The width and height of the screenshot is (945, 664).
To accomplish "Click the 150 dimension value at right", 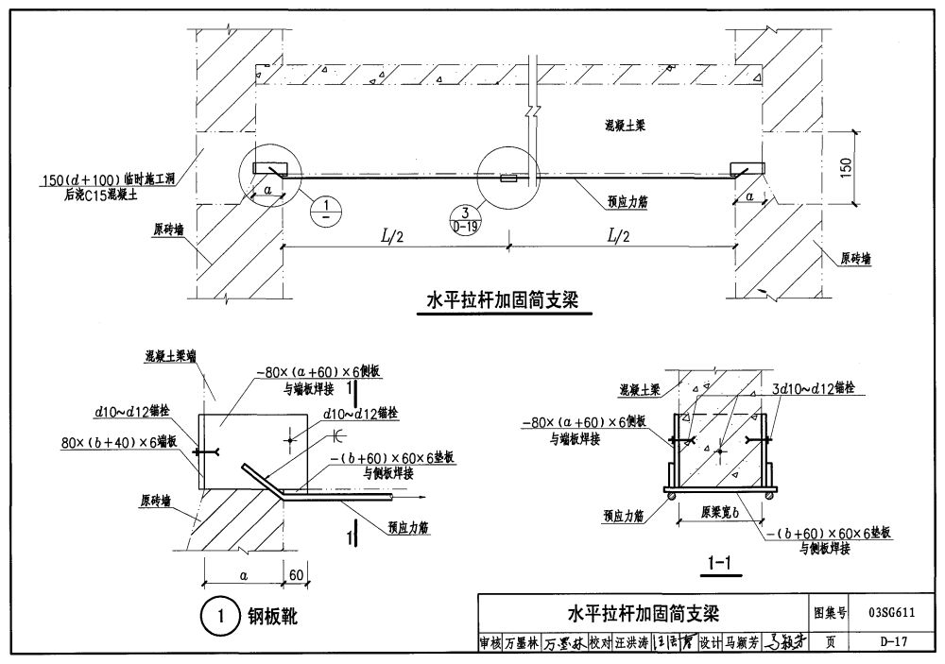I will pos(847,166).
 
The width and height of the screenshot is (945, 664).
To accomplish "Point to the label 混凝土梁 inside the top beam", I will pos(631,125).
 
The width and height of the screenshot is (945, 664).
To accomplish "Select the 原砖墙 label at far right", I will pos(854,257).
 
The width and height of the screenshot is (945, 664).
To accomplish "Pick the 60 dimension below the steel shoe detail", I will pos(297,574).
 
